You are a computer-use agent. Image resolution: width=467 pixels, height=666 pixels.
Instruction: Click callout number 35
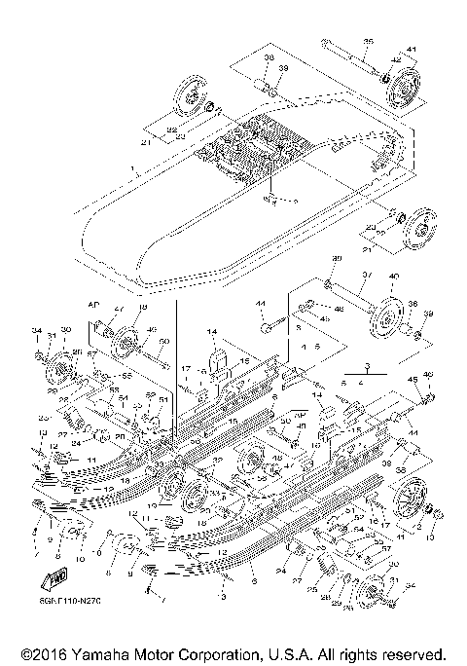point(368,41)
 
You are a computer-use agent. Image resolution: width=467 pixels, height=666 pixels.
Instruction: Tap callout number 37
point(368,276)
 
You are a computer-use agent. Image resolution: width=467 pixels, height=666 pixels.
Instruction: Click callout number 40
point(393,277)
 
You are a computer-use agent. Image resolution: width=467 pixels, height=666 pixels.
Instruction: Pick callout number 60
point(164,341)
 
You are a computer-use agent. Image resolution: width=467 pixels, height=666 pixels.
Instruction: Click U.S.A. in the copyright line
point(315,653)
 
